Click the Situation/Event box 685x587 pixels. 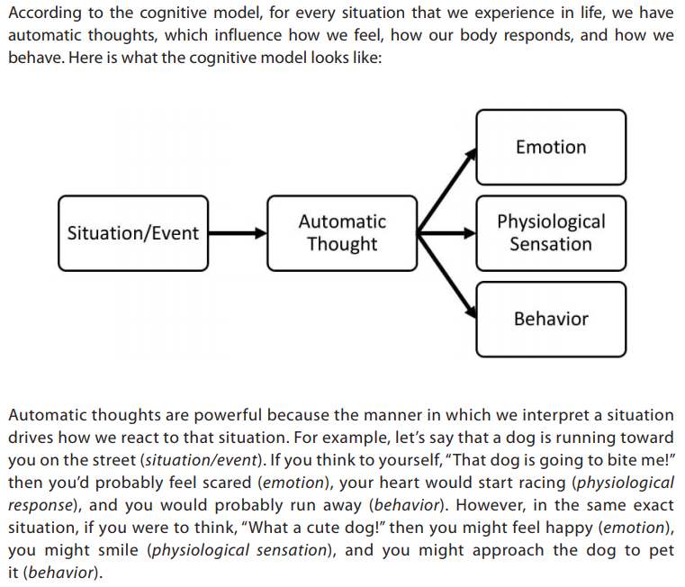pos(133,233)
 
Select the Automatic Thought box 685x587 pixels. pos(342,233)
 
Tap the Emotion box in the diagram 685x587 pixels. pos(551,148)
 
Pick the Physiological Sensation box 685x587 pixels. pos(551,233)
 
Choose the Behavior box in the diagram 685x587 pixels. pos(551,319)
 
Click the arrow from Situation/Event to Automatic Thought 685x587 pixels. pos(238,233)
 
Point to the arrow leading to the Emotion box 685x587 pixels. pos(446,190)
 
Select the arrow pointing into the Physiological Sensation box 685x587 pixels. pos(446,233)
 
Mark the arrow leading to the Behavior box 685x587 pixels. pos(446,275)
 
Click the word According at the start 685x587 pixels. pos(45,14)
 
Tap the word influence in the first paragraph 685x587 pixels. pos(248,35)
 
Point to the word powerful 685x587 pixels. pos(228,415)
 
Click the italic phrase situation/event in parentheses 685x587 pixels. pos(202,460)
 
